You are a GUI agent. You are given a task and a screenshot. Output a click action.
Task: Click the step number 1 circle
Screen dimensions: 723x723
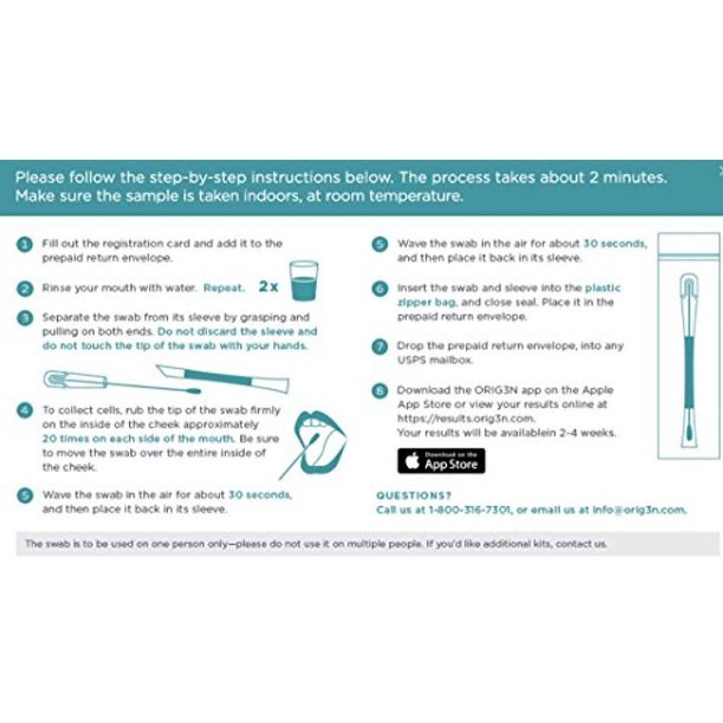(24, 245)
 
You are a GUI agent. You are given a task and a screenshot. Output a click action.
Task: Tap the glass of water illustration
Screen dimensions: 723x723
(303, 281)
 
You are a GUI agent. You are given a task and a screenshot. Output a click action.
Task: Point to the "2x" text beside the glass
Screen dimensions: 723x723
(269, 286)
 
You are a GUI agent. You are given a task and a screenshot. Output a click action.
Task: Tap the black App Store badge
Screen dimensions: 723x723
(441, 461)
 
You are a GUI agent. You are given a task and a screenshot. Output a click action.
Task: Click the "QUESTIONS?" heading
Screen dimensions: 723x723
(413, 495)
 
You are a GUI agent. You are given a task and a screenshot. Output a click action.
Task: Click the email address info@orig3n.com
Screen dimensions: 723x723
(639, 510)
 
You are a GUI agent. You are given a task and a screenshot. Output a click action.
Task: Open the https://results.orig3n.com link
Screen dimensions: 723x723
(466, 419)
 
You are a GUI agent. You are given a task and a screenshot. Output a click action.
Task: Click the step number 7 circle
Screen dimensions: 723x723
(380, 346)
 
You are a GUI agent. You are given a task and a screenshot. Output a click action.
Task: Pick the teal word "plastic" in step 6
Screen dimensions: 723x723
(603, 288)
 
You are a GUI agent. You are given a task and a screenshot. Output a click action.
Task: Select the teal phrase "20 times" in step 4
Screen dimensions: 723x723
(63, 439)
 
